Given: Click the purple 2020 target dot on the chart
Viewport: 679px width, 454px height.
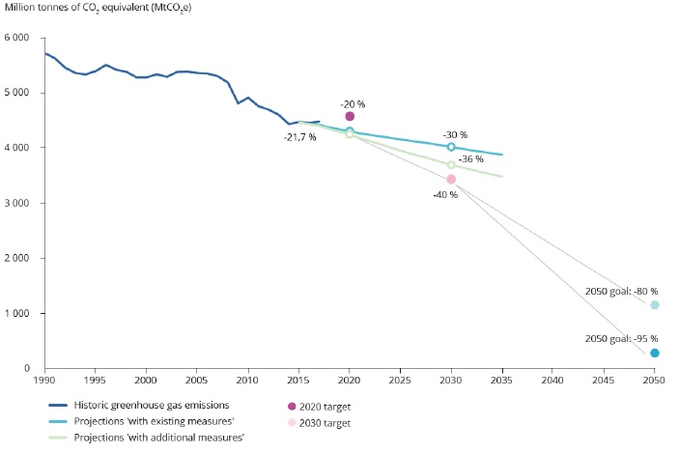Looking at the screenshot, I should (350, 116).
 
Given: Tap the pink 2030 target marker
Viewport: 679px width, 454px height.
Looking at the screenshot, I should (451, 179).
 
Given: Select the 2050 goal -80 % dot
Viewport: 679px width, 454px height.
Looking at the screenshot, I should (655, 305).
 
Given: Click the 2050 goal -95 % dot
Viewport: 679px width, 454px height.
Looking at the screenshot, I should (655, 354).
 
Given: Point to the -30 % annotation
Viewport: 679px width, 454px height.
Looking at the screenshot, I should (455, 134).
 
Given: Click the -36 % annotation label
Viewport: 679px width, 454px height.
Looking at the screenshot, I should (470, 158).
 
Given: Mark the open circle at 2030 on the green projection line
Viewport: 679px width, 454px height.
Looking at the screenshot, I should (451, 165).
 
